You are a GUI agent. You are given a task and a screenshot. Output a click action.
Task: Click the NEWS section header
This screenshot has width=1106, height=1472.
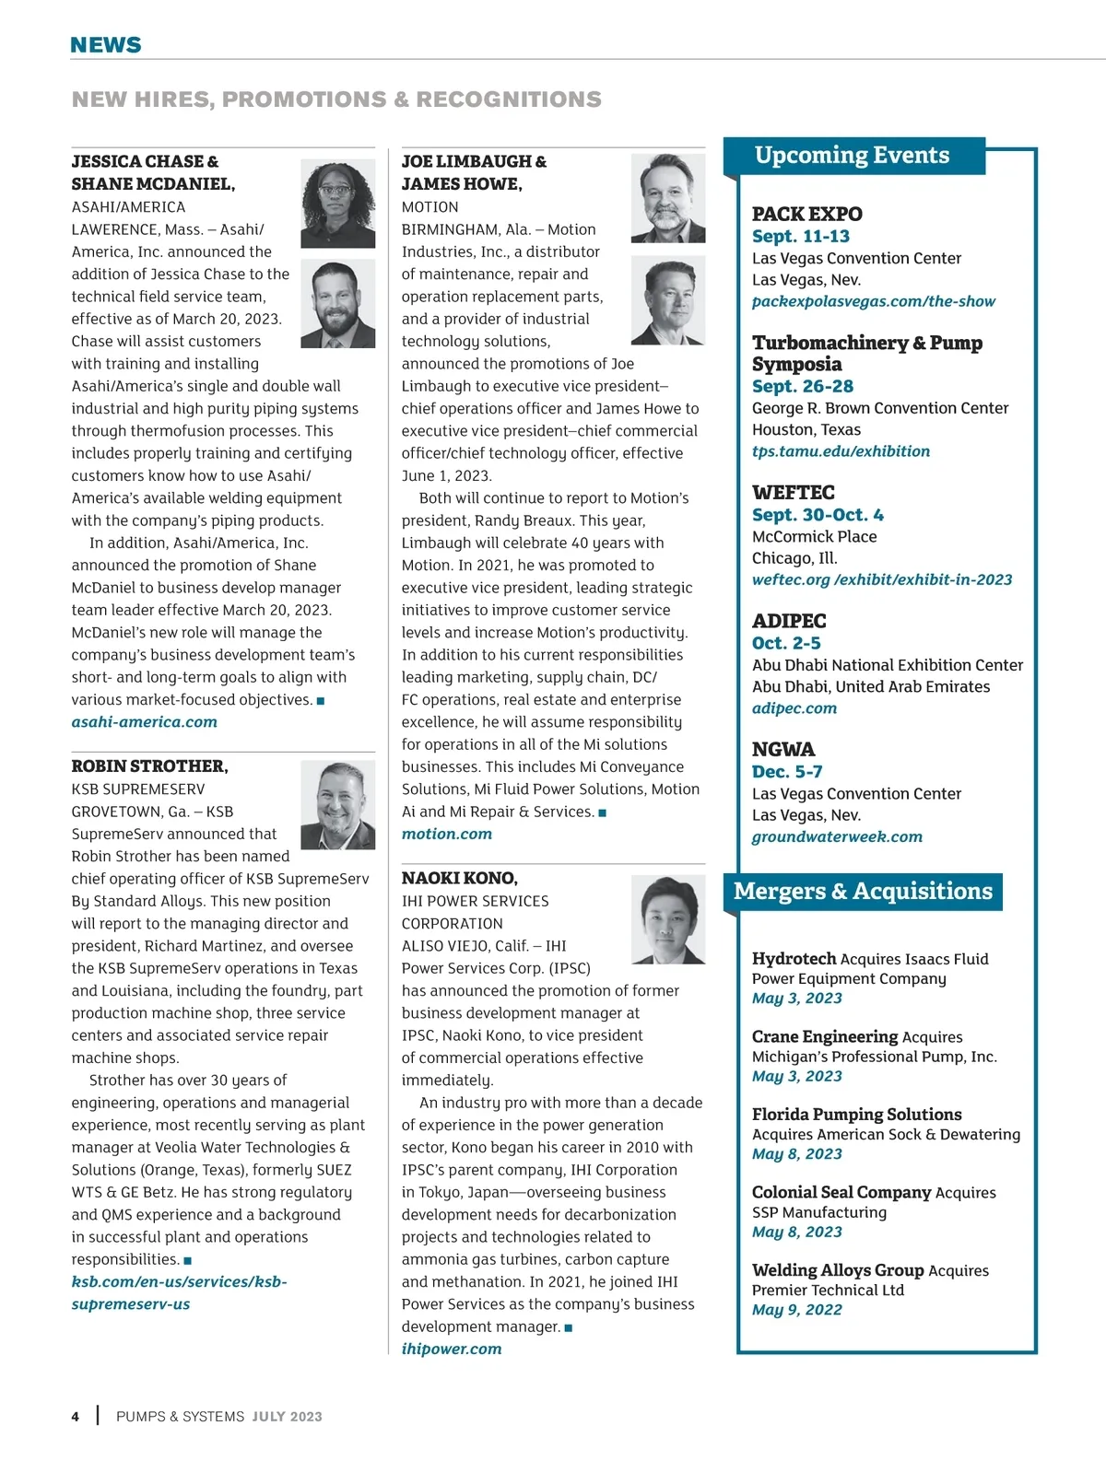point(106,44)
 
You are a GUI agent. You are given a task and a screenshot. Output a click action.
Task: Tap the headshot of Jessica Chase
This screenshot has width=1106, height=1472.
point(337,203)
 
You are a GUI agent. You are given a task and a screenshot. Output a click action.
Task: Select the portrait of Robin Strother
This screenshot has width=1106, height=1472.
point(337,804)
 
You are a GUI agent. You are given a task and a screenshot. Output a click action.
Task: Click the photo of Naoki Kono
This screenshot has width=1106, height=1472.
point(667,918)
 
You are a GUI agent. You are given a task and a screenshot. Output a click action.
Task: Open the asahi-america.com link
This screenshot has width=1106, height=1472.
point(145,722)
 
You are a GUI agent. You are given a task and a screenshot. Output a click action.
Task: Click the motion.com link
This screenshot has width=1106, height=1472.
point(447,834)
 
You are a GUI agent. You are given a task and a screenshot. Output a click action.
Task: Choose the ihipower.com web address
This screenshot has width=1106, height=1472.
point(452,1349)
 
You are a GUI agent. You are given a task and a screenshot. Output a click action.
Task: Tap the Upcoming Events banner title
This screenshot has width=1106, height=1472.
point(852,155)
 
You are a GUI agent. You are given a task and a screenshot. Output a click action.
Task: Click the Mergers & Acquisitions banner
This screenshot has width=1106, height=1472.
point(863,891)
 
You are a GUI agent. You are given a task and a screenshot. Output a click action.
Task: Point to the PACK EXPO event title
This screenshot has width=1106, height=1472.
point(807,214)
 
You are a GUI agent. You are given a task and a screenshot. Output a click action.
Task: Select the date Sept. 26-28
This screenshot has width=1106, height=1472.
point(803,386)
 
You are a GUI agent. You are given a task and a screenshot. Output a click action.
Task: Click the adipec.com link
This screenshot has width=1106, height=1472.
point(794,708)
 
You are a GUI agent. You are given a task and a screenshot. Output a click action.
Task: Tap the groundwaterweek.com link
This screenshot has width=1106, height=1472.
point(837,836)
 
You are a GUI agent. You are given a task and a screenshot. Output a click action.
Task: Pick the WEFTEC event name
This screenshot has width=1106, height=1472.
point(794,492)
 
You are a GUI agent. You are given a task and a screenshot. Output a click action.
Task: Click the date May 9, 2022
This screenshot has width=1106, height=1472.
point(797,1310)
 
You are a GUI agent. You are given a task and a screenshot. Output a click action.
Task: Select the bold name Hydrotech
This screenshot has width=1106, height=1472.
point(794,959)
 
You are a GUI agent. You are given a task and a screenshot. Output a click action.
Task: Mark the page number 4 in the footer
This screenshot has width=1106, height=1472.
point(76,1417)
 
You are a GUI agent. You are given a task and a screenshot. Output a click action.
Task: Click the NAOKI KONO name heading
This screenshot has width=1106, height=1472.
point(460,878)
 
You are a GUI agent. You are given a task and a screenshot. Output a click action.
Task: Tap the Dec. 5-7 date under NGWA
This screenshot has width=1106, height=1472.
point(787,772)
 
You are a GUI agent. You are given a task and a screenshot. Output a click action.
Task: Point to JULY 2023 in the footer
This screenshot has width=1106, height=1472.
point(288,1417)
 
